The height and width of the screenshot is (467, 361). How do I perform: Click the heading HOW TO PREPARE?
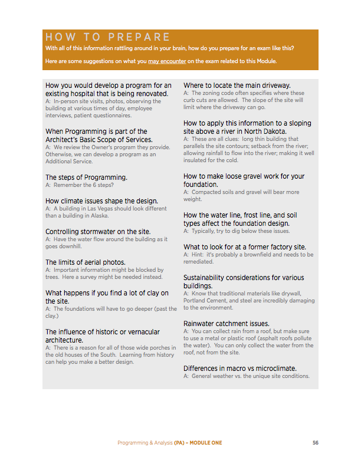pos(108,37)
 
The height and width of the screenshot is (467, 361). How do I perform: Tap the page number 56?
pos(316,443)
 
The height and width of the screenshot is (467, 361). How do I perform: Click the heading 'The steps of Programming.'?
pos(86,177)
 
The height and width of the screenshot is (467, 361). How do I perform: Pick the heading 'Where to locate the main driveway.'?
pos(237,85)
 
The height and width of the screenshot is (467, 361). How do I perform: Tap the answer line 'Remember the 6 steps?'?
pos(79,185)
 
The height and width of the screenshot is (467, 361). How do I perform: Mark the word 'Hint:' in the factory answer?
pos(197,255)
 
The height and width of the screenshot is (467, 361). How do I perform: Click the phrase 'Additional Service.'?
pos(69,162)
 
